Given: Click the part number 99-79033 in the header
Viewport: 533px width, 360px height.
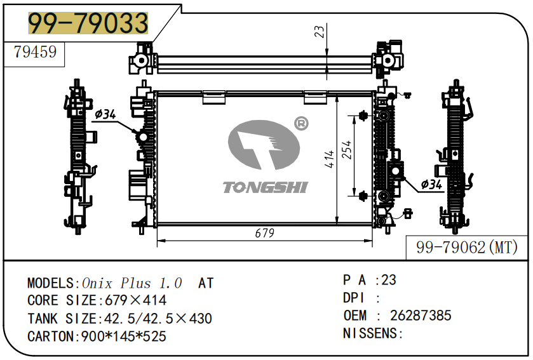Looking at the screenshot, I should coord(88,23).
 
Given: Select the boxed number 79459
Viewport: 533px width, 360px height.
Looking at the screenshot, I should coord(35,53).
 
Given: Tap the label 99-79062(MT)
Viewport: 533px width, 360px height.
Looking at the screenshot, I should coord(467,248).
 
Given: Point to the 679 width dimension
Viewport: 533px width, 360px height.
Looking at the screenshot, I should coord(264,233).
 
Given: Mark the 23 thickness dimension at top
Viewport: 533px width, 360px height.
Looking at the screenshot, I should coord(320,30).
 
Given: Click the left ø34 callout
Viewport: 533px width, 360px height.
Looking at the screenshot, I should coord(105,114).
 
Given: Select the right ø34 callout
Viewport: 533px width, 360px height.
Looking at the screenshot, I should coord(431,184).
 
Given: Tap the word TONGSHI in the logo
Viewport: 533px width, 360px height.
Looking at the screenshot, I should coord(265,187).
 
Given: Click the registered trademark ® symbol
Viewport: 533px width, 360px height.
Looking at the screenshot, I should coord(300,124).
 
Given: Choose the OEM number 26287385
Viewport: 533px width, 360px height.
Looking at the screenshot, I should coord(421,316).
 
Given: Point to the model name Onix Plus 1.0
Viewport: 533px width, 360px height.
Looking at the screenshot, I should coord(132,283).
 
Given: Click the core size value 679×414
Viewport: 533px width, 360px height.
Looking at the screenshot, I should coord(131,301).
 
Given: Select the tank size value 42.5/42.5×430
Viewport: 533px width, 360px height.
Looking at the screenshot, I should coord(154,319).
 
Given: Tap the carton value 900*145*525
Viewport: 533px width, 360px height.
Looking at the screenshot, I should coord(124,337).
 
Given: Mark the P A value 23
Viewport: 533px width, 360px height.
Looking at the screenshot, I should coord(388,280).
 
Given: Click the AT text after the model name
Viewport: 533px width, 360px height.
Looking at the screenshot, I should coord(206,283).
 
